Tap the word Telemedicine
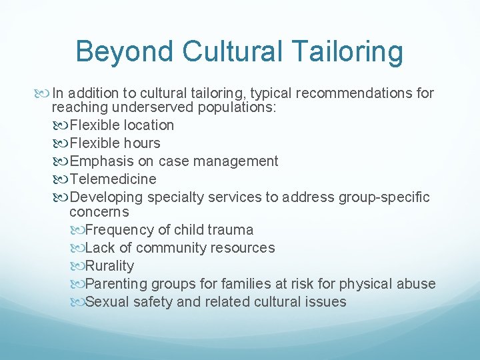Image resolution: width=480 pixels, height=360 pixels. click(113, 179)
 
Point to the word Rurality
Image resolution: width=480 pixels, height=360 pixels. click(110, 266)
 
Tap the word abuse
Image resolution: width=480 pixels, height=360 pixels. click(417, 284)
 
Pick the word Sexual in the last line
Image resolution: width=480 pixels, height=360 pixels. click(106, 302)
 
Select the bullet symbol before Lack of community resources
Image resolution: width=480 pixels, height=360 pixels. click(77, 248)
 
